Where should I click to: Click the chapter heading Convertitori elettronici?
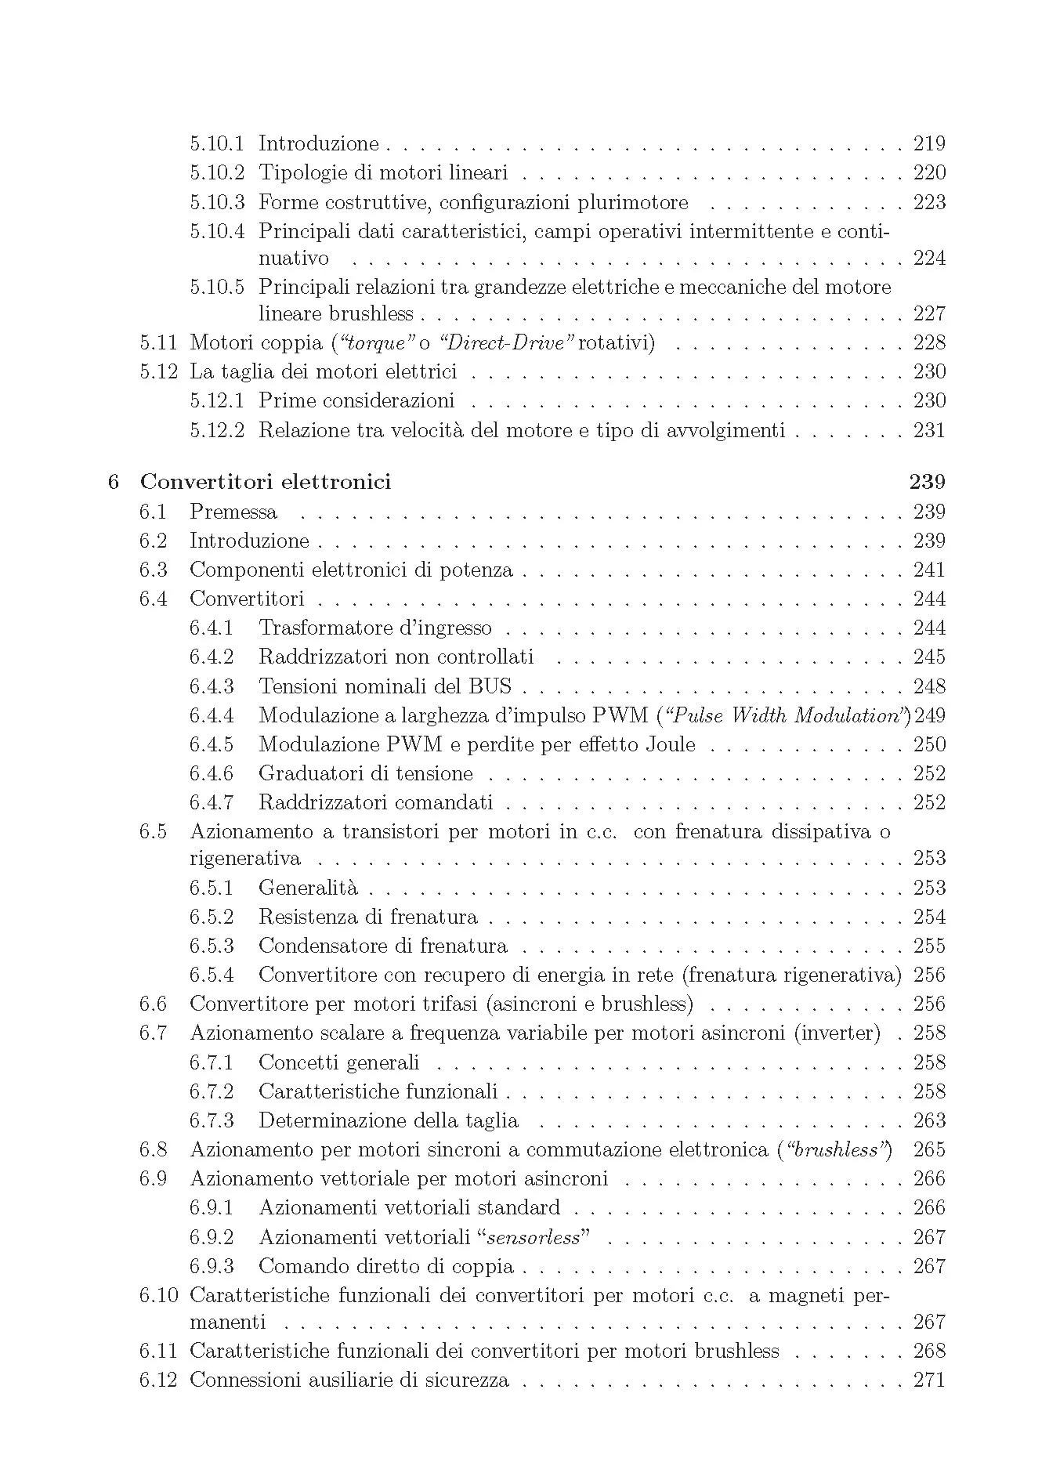click(265, 482)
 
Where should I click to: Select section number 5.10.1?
click(216, 143)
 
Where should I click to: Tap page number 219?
click(929, 143)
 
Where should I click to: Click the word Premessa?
click(233, 512)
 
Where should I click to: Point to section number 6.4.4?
click(212, 715)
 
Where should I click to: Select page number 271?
click(929, 1380)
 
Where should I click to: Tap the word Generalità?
click(308, 888)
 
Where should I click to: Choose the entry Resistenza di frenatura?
click(367, 917)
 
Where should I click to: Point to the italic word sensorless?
click(533, 1237)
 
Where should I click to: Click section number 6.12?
click(159, 1380)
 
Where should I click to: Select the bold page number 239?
click(928, 482)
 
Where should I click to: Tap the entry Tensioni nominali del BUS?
click(385, 686)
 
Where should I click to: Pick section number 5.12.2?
click(216, 430)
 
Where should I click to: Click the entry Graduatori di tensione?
click(366, 773)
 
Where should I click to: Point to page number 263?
click(929, 1120)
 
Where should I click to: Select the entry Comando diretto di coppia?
click(386, 1266)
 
